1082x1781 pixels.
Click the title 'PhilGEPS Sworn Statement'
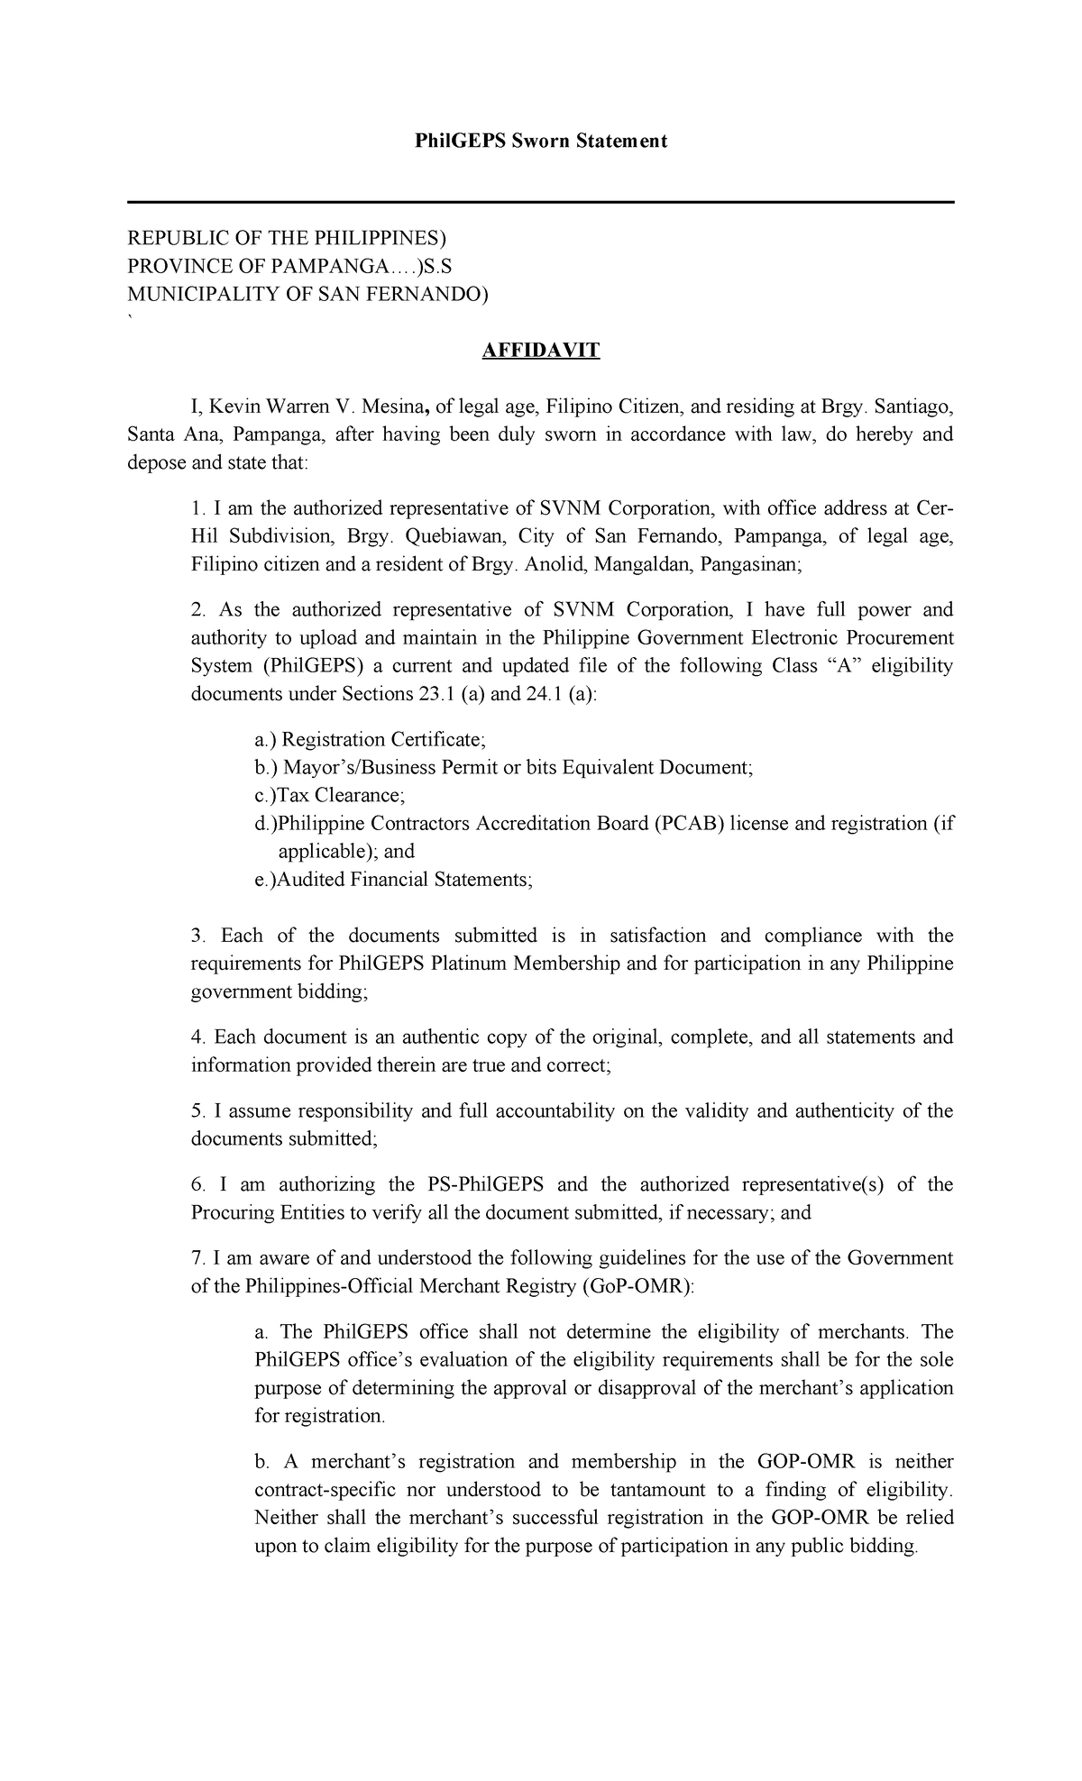coord(540,141)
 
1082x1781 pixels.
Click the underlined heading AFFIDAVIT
coord(540,350)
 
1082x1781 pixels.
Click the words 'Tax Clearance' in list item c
coord(340,795)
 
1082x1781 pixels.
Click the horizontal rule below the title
coord(540,203)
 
